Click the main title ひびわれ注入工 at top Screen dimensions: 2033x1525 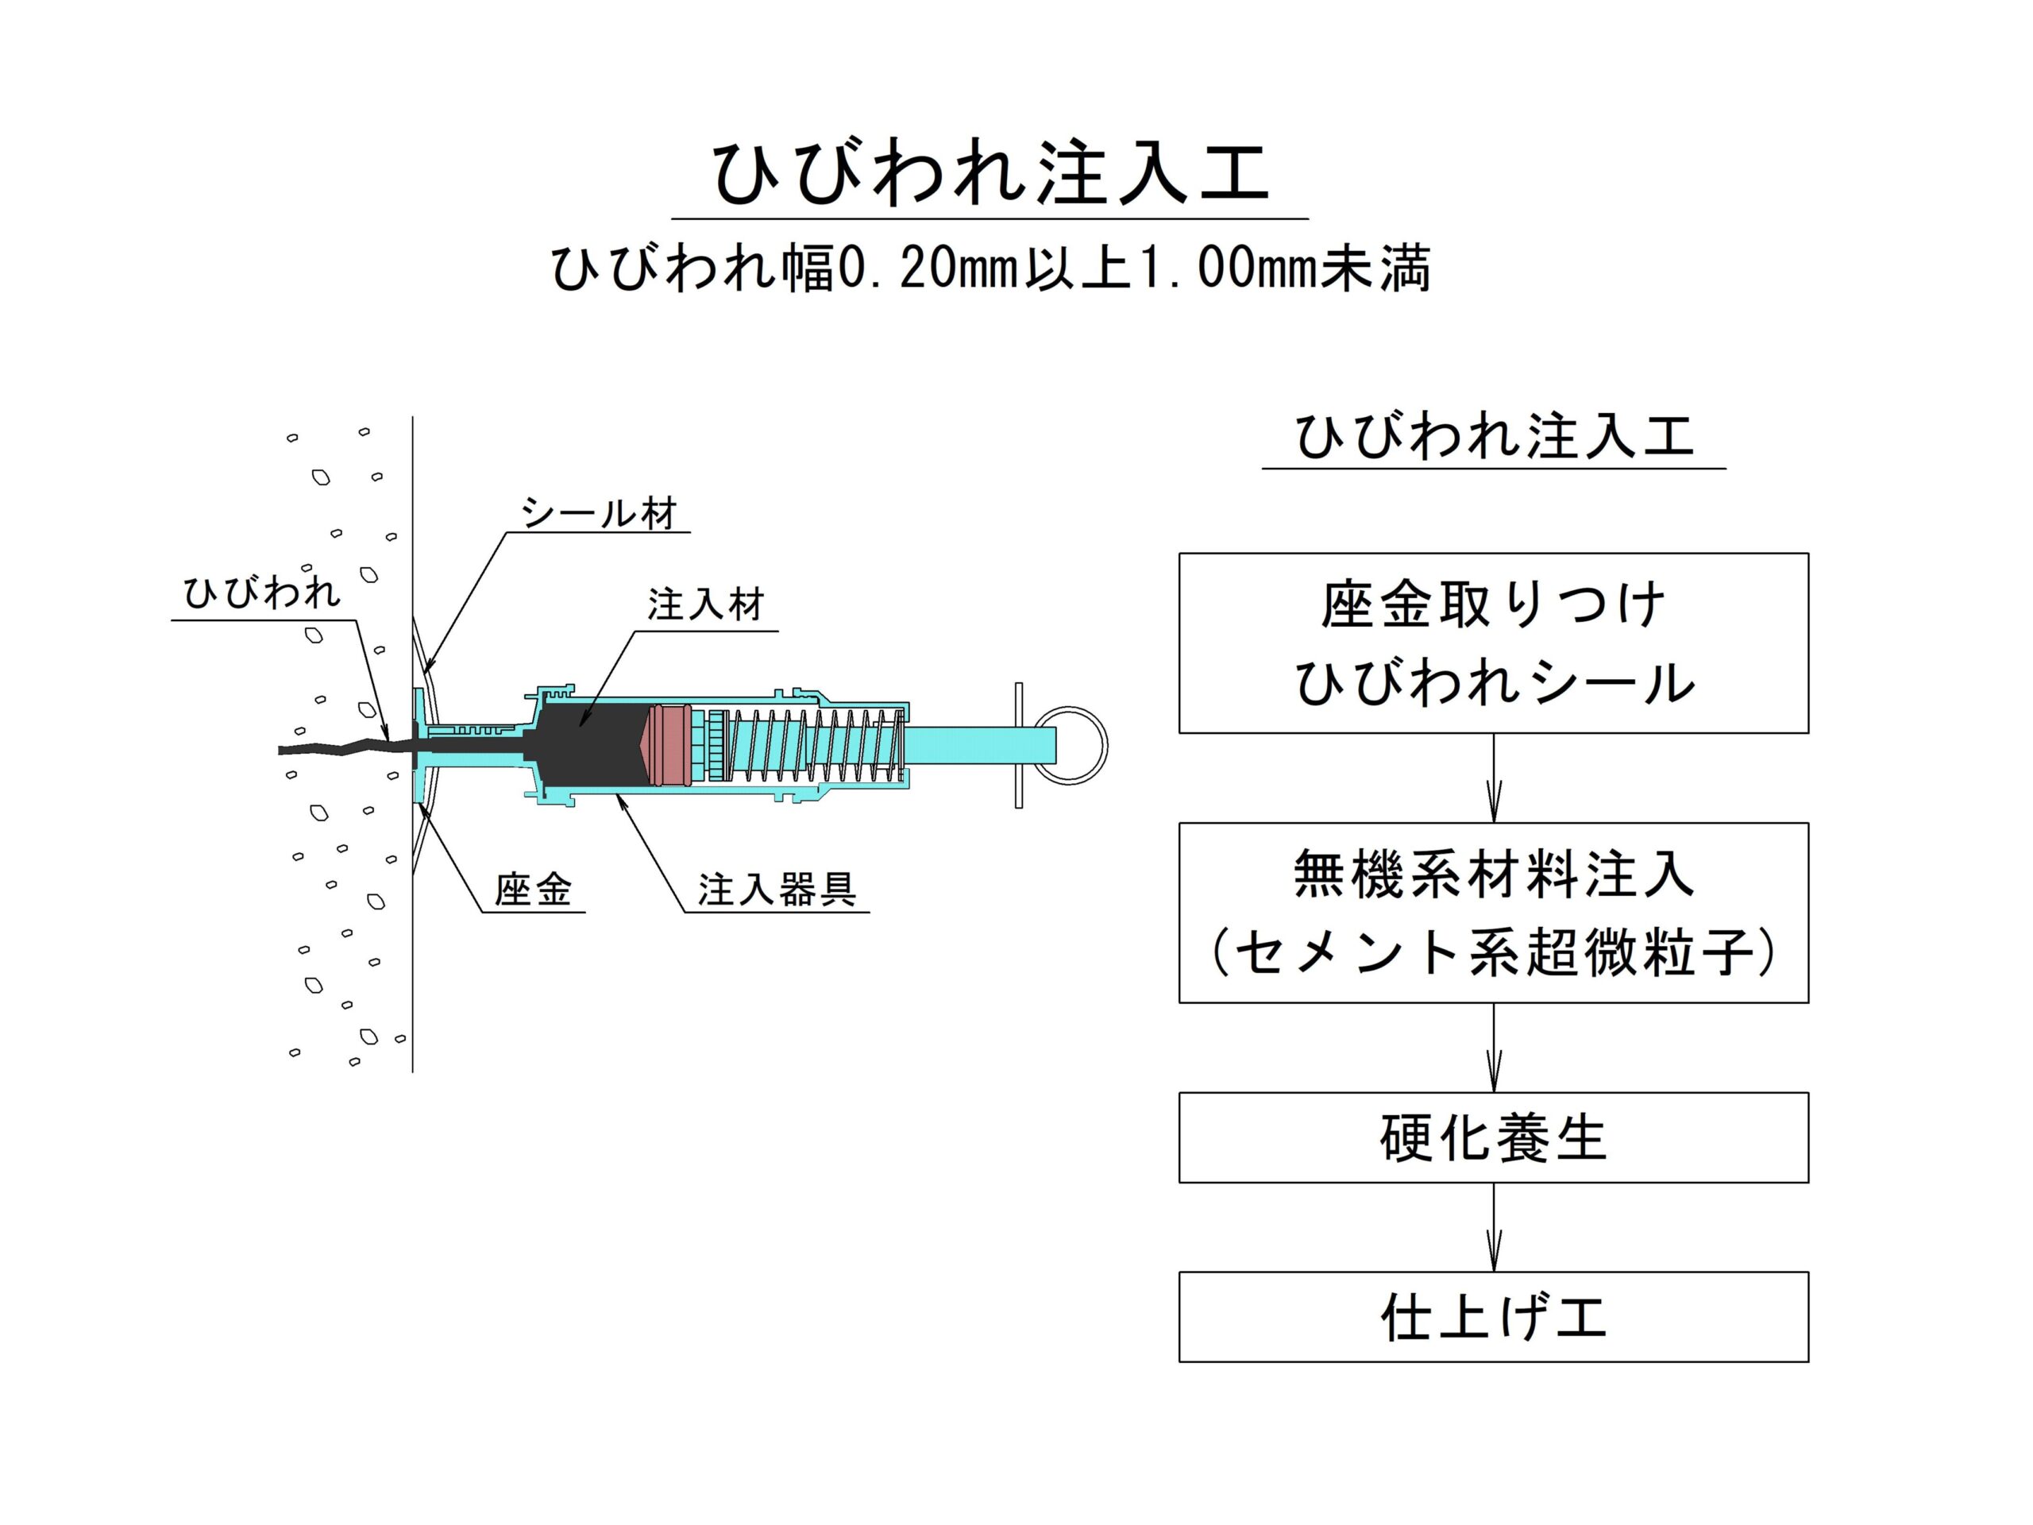tap(991, 173)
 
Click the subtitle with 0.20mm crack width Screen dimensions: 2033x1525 tap(991, 268)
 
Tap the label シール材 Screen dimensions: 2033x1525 tap(600, 513)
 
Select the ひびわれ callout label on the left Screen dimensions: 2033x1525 tap(262, 593)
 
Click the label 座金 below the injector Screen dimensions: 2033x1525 tap(533, 890)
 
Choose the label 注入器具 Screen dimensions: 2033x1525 tap(777, 890)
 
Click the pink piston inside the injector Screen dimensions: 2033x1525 tap(666, 746)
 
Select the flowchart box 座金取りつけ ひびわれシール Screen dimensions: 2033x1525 tap(1494, 643)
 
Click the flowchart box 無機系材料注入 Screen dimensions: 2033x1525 tap(1494, 913)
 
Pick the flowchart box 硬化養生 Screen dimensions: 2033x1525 tap(1494, 1138)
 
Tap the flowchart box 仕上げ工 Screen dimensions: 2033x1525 tap(1494, 1317)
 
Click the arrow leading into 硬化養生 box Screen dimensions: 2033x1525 tap(1494, 1048)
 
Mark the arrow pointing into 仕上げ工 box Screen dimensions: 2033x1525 tap(1494, 1227)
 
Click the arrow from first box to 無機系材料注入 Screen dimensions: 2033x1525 tap(1494, 778)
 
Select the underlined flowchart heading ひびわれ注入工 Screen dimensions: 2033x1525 tap(1494, 436)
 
